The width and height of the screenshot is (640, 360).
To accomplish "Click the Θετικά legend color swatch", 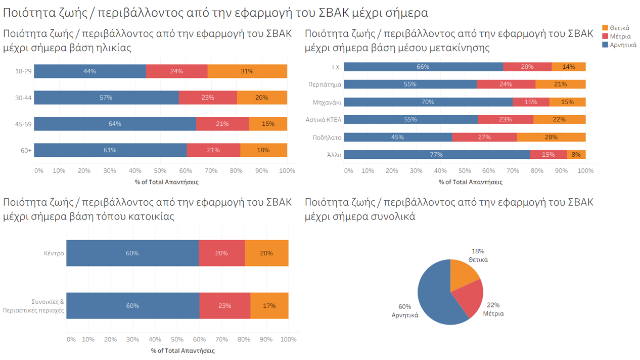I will pyautogui.click(x=605, y=28).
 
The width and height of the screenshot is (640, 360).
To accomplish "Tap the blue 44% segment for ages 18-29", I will pyautogui.click(x=90, y=71).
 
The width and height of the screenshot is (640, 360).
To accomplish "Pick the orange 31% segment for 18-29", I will pyautogui.click(x=247, y=71).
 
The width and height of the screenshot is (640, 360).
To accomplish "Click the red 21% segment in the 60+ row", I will pyautogui.click(x=213, y=150).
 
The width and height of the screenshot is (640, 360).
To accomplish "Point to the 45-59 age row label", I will pyautogui.click(x=23, y=124).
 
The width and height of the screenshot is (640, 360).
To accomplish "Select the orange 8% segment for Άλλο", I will pyautogui.click(x=576, y=155).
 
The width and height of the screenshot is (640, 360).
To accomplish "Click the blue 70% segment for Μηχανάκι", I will pyautogui.click(x=428, y=102).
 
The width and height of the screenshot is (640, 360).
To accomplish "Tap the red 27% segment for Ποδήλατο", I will pyautogui.click(x=484, y=137).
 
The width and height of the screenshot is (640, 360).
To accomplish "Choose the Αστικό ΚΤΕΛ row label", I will pyautogui.click(x=324, y=120).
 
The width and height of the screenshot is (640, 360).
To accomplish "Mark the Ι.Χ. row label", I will pyautogui.click(x=336, y=67).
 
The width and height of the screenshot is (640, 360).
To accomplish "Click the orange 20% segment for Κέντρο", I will pyautogui.click(x=266, y=253).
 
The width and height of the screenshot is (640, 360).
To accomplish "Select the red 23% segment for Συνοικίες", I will pyautogui.click(x=224, y=306).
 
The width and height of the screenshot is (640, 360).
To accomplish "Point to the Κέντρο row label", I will pyautogui.click(x=54, y=253).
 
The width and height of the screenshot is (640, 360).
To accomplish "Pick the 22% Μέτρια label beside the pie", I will pyautogui.click(x=493, y=309).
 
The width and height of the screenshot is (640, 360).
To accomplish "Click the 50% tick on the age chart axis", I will pyautogui.click(x=160, y=171).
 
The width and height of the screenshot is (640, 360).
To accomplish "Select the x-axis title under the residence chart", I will pyautogui.click(x=182, y=350).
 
